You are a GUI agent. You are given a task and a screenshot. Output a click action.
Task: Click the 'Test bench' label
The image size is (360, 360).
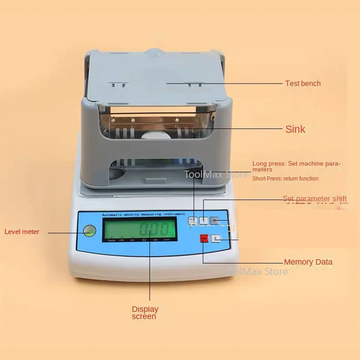[x=303, y=83]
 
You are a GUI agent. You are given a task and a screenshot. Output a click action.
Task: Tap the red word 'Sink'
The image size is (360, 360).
[x=295, y=129]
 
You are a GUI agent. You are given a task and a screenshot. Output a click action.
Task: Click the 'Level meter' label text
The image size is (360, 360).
[x=22, y=232]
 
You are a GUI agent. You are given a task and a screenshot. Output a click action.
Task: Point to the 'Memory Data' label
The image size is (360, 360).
[x=308, y=262]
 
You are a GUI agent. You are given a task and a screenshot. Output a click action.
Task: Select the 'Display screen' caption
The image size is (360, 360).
[x=144, y=312]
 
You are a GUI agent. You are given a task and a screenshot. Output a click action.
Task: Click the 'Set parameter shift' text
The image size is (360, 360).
[x=315, y=198]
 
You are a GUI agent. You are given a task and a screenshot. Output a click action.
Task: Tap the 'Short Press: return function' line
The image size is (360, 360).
[x=285, y=179]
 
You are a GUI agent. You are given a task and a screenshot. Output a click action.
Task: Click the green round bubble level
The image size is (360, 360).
[x=89, y=231]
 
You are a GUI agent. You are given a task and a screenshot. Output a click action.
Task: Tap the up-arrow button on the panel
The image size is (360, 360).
[x=203, y=220]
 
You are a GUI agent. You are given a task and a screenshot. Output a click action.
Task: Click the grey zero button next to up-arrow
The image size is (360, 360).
[x=214, y=220]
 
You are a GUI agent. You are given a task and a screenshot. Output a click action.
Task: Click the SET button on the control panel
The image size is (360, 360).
[x=193, y=220]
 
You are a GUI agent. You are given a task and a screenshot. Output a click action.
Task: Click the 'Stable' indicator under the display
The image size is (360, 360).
[x=111, y=240]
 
